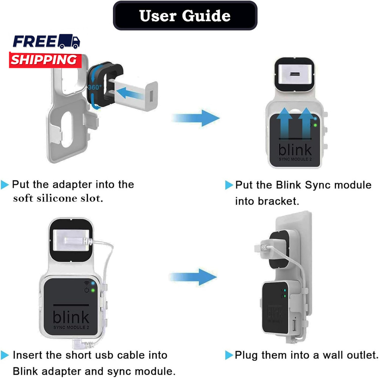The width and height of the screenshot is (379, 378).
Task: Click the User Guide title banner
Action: point(185,16)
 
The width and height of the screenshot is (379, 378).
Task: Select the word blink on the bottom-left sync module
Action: point(71,317)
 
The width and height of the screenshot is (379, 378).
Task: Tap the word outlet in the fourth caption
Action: point(358,355)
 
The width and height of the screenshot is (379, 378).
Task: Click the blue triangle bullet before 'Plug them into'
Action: point(229,356)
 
